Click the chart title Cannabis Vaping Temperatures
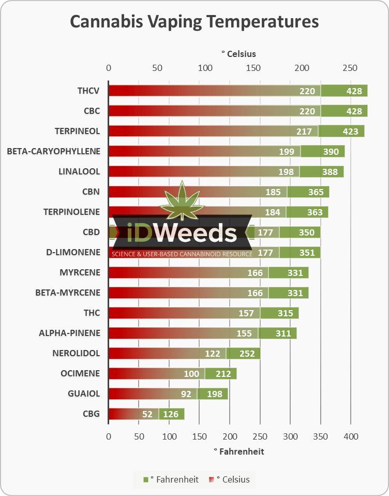(194, 22)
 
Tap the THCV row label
(88, 91)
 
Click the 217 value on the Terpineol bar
(304, 131)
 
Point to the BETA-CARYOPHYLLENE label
(53, 151)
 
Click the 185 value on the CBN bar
(273, 192)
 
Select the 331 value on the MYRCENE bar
(288, 273)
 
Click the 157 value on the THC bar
(246, 313)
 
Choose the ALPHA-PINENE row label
(69, 333)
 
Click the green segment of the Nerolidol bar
(243, 353)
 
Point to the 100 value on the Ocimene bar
(191, 373)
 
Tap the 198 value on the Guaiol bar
(214, 393)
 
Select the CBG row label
(91, 414)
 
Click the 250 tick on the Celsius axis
(350, 68)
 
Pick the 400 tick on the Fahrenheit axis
(351, 436)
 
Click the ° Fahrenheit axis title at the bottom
(238, 451)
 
